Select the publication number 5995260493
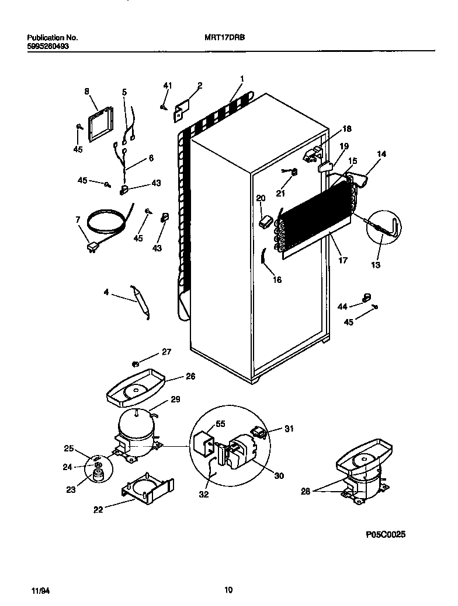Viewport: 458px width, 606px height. [x=48, y=45]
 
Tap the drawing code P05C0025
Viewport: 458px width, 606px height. [x=386, y=534]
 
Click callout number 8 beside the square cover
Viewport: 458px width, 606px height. [x=87, y=91]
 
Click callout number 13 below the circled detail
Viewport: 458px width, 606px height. [x=375, y=265]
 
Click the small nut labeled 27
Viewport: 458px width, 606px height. [x=136, y=365]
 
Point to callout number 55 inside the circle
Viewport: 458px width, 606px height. [x=220, y=424]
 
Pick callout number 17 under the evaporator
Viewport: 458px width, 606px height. [x=343, y=260]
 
